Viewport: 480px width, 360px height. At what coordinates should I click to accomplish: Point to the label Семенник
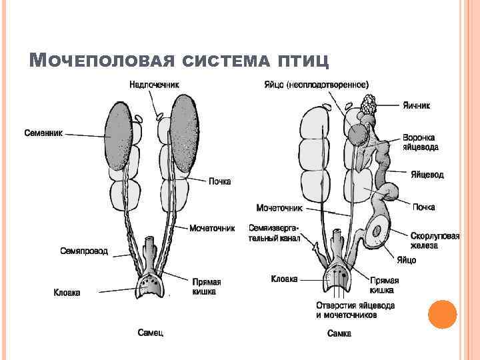(x=44, y=132)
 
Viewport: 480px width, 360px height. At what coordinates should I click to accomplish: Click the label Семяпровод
(x=84, y=251)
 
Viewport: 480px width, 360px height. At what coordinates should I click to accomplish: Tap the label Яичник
(x=417, y=105)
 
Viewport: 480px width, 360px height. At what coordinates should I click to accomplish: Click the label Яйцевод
(x=427, y=175)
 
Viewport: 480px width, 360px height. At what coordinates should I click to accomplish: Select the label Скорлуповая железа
(x=434, y=241)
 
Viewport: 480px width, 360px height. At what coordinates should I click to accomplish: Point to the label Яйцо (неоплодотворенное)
(x=317, y=85)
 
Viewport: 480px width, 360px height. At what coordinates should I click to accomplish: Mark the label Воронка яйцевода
(x=420, y=143)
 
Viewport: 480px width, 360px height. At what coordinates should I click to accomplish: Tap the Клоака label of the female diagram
(x=284, y=279)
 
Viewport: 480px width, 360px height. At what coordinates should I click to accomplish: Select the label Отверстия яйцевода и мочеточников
(x=355, y=310)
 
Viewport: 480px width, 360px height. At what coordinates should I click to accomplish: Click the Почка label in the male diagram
(x=220, y=181)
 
